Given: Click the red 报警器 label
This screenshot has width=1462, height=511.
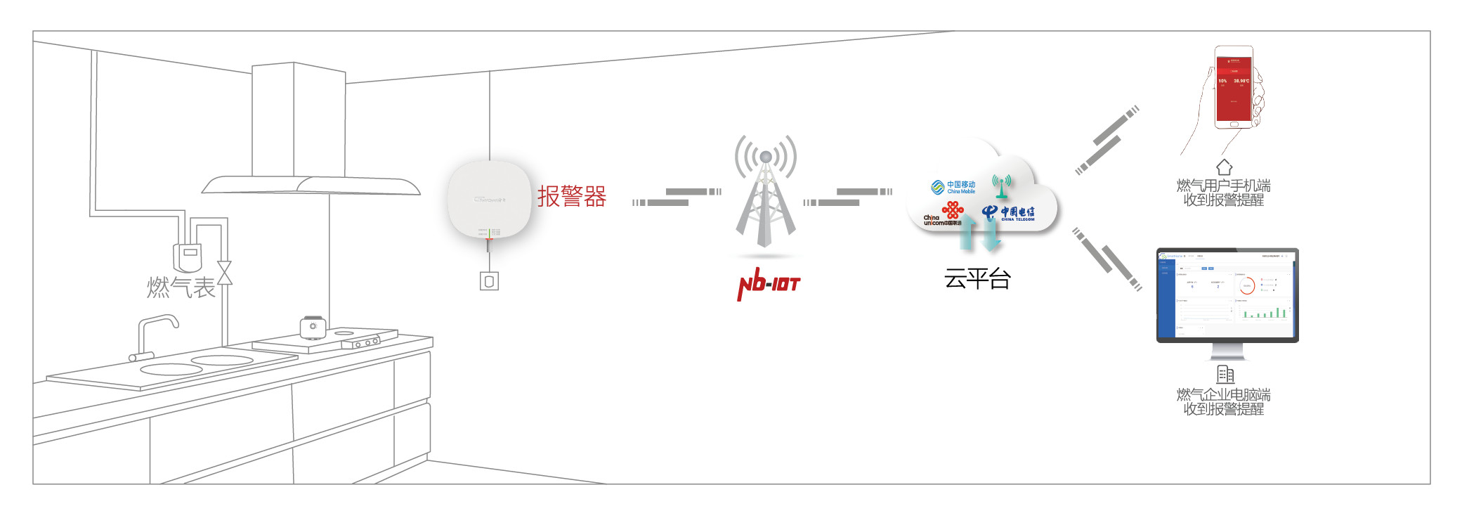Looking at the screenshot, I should [572, 196].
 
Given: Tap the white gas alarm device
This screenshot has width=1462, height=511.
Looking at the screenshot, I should [490, 199].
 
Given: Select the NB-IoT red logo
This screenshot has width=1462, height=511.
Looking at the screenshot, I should [769, 284].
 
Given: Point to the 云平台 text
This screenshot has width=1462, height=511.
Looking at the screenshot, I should [977, 279].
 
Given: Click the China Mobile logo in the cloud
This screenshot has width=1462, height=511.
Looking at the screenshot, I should [953, 187].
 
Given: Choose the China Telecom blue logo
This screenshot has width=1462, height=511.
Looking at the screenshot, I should [1007, 212].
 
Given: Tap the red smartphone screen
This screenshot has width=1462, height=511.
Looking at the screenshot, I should [1234, 88].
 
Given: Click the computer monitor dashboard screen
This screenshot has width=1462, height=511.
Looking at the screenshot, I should [1227, 294].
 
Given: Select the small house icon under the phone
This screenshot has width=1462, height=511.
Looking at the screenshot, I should [1224, 167].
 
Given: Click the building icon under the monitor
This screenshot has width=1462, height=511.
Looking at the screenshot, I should [1225, 374].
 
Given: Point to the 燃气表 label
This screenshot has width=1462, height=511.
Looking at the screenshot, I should [181, 287].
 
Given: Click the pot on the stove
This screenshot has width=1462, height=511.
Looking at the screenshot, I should [313, 327].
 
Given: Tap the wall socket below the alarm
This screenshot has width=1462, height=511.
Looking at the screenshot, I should [489, 281].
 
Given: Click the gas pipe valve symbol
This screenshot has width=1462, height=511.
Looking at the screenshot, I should [224, 273].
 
